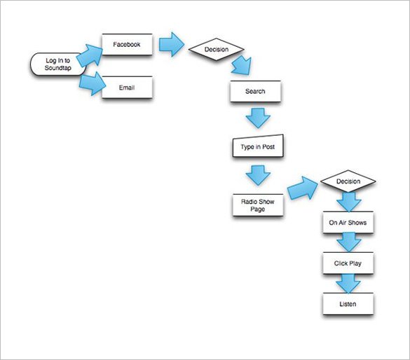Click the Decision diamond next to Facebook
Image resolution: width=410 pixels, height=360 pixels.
pos(216,50)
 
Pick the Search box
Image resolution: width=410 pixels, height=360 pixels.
pos(254,92)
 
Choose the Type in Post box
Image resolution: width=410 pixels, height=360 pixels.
pos(257,148)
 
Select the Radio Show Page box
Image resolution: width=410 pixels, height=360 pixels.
pos(258,205)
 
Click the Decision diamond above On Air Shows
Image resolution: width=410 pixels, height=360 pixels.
pos(348,182)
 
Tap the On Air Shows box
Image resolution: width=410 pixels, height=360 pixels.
pos(348,223)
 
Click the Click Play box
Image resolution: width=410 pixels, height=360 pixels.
pos(348,263)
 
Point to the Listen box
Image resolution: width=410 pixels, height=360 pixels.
pos(348,304)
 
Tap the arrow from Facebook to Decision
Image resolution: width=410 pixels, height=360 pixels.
pos(170,45)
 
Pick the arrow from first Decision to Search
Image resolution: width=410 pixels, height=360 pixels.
pos(242,67)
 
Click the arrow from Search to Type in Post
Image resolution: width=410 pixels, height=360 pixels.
pos(258,117)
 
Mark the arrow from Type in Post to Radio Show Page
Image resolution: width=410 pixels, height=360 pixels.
pos(258,175)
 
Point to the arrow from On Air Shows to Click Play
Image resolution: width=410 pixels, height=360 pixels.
pos(348,244)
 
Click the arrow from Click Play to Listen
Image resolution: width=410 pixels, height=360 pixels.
pos(348,284)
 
